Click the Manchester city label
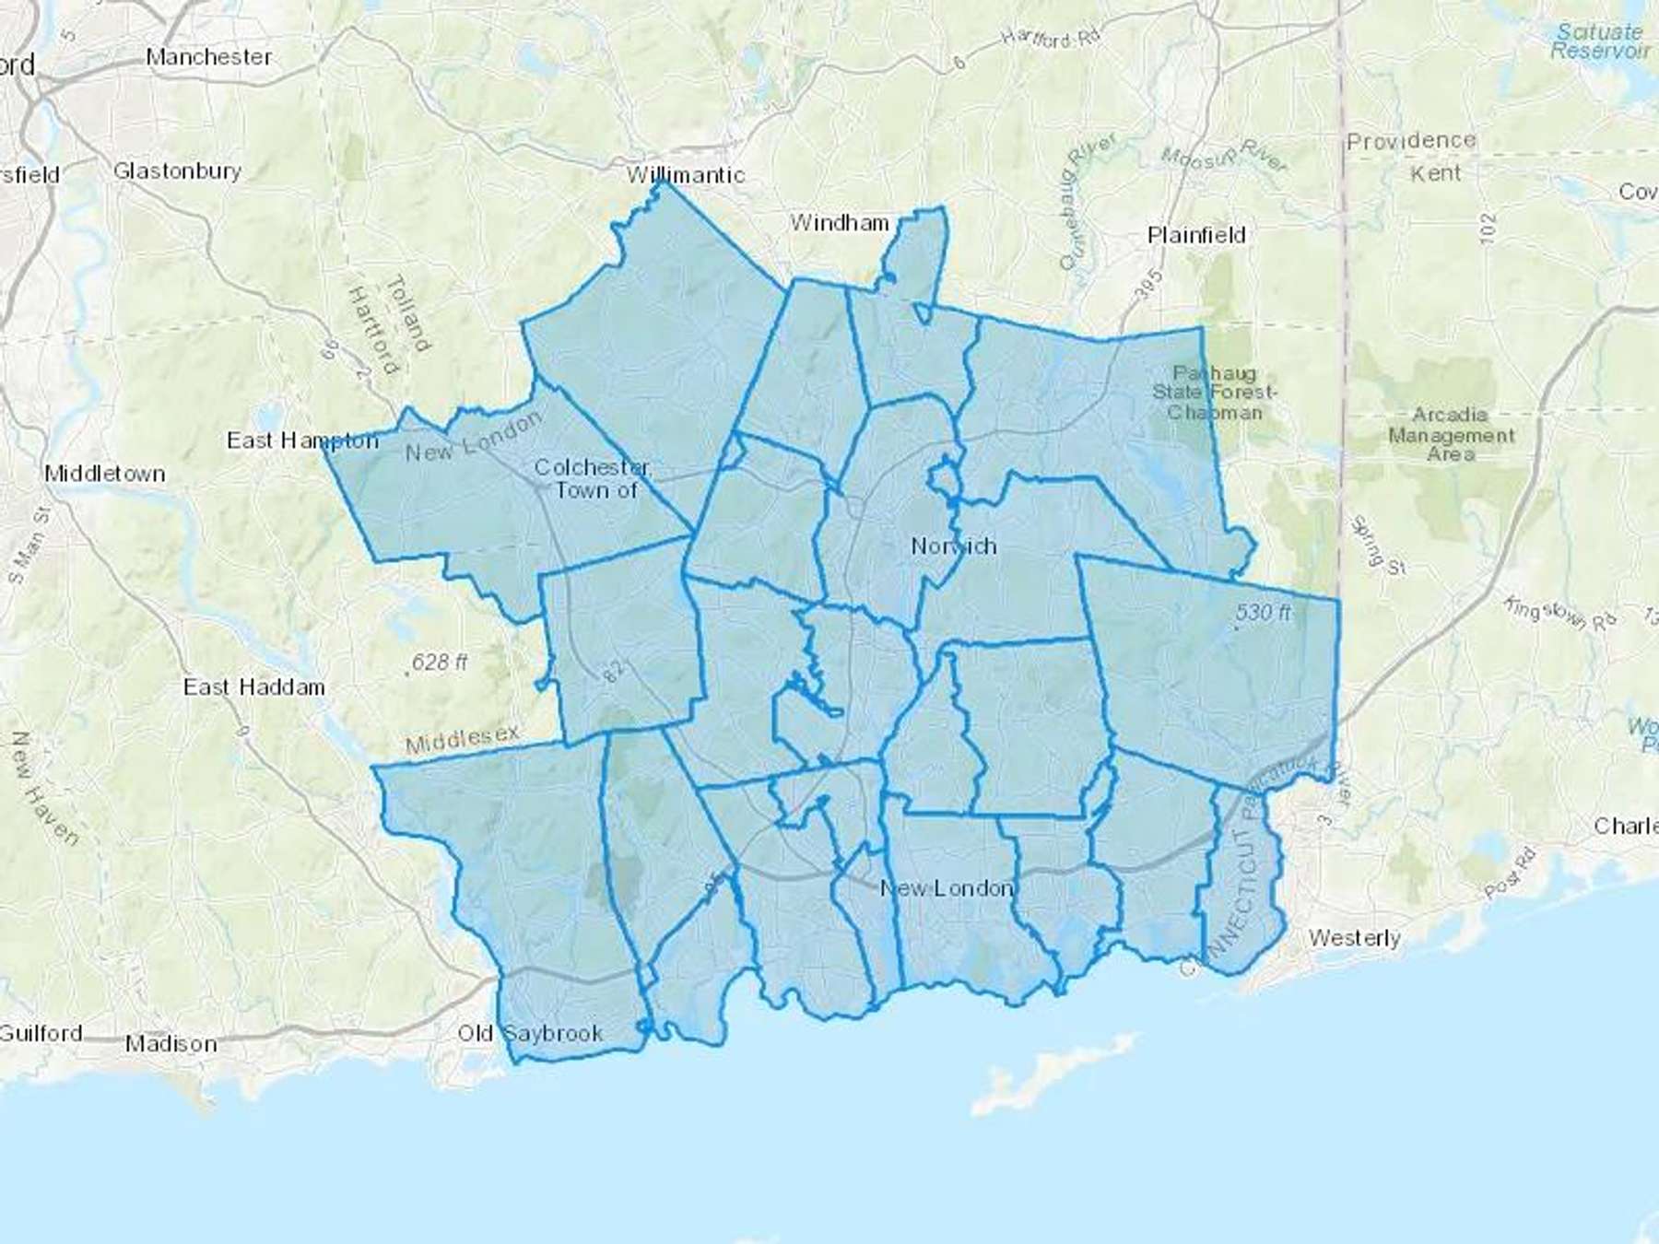(209, 57)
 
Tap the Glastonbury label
(177, 171)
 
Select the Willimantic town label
(686, 175)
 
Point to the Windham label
(840, 223)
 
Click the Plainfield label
(1196, 236)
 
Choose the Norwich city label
(954, 546)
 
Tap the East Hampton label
(302, 440)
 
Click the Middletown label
(105, 474)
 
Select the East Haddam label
(253, 687)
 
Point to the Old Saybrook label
(530, 1034)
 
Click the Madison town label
(171, 1044)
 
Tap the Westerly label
(1354, 938)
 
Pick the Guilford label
(41, 1033)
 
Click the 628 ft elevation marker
(440, 663)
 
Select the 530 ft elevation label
(1264, 613)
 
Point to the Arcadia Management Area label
(1451, 434)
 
